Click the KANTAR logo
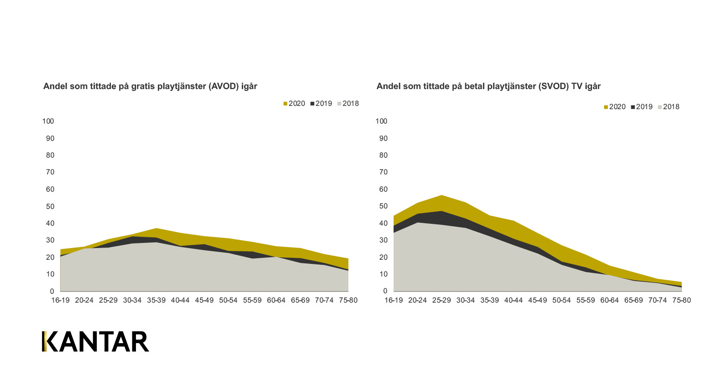(x=95, y=341)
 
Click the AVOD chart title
(x=150, y=86)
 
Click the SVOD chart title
(x=488, y=86)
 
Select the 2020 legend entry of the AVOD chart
(x=294, y=104)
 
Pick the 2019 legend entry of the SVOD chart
(x=642, y=107)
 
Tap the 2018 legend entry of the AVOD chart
(x=348, y=104)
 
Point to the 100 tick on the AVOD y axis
(x=48, y=121)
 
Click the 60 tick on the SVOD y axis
(x=383, y=189)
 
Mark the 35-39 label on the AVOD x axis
(x=156, y=300)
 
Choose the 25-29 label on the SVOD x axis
(x=442, y=300)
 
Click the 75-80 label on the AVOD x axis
(x=348, y=300)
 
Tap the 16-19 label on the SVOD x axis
(x=394, y=300)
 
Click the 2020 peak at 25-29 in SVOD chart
(x=442, y=195)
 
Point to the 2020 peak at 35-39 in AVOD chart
(x=156, y=228)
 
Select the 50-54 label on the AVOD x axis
(x=228, y=300)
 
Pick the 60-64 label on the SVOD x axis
(x=609, y=300)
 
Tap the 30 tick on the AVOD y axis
(x=50, y=240)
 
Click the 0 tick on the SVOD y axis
(x=385, y=291)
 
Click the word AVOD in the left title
(x=224, y=86)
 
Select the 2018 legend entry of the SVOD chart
(x=669, y=107)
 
